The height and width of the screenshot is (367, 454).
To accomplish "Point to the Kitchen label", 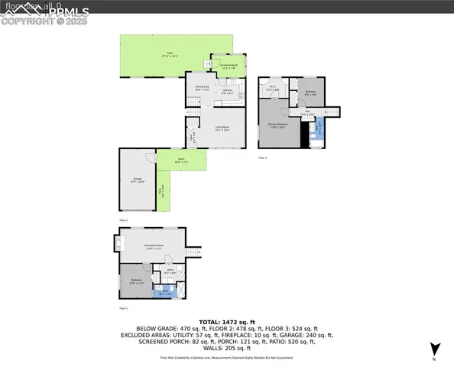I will (x=228, y=91).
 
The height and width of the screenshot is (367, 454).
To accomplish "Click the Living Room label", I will (x=221, y=128).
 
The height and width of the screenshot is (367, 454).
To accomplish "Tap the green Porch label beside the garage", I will (x=181, y=161).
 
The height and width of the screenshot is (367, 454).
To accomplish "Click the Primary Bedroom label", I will (x=277, y=125).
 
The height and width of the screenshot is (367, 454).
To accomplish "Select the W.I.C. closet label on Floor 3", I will (x=272, y=89).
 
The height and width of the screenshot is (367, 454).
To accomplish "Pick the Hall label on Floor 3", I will (x=307, y=114).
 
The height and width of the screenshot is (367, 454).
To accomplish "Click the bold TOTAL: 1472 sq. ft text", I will (x=227, y=323).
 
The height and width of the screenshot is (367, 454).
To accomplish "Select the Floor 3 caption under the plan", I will (x=262, y=158).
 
